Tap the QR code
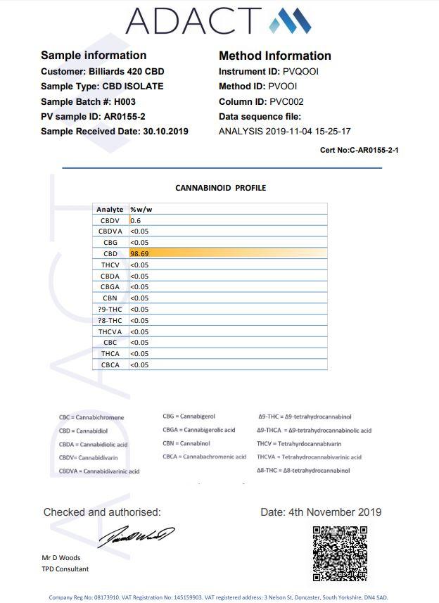[x=340, y=552]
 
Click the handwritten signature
[x=135, y=537]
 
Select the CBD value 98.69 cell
[x=139, y=253]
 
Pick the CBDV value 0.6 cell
[x=135, y=220]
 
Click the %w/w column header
[x=141, y=209]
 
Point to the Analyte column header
[x=110, y=209]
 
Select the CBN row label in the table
[x=110, y=298]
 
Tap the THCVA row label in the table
[x=110, y=331]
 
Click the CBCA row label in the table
[x=110, y=364]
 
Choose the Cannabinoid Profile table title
[x=220, y=188]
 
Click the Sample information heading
[x=94, y=55]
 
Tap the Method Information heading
[x=275, y=56]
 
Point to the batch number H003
[x=125, y=101]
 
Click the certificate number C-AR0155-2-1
[x=374, y=150]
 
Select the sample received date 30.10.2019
[x=165, y=131]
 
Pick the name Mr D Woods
[x=61, y=558]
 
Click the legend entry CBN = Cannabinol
[x=186, y=443]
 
